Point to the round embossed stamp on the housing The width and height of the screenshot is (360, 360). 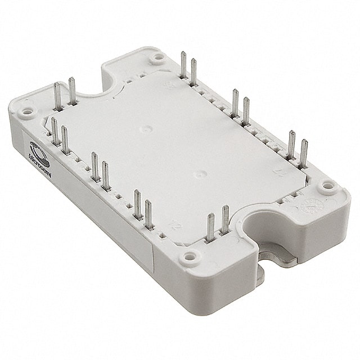(x=310, y=203)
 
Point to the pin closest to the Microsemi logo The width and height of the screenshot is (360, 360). (x=55, y=132)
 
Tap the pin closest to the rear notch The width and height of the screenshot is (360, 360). (x=71, y=93)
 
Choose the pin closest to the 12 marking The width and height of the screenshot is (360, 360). (x=148, y=217)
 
